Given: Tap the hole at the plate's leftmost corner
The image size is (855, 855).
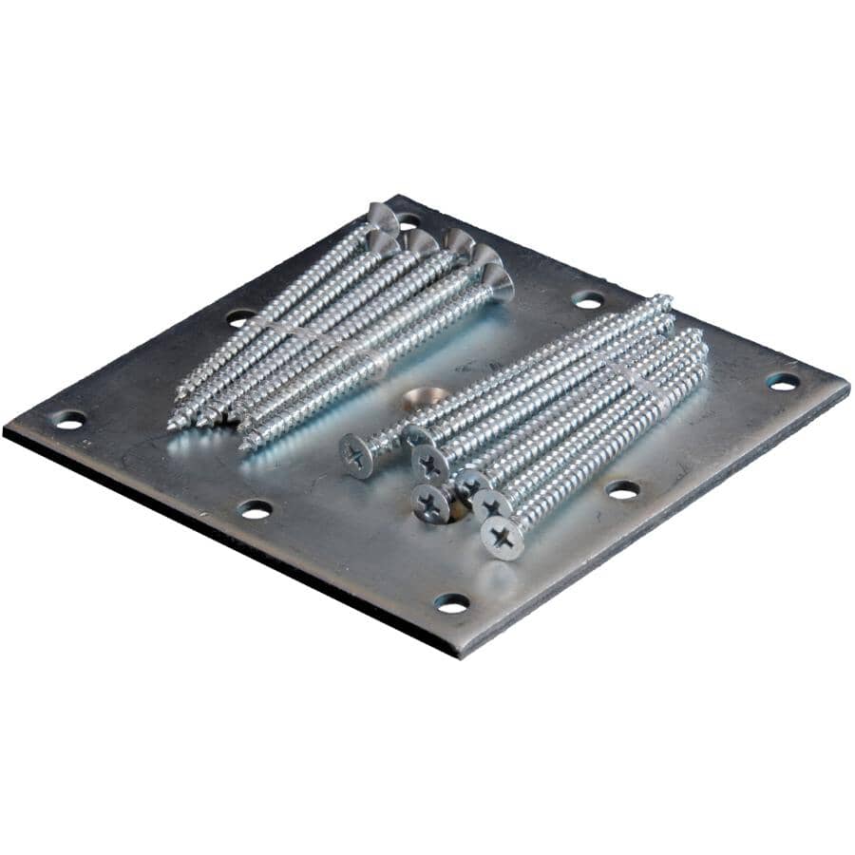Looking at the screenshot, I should (x=68, y=418).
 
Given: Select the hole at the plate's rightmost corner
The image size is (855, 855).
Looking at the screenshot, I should (x=782, y=381).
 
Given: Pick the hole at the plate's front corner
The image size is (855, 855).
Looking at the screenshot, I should (x=451, y=602).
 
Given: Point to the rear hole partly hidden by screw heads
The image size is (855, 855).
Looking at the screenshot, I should (x=409, y=220).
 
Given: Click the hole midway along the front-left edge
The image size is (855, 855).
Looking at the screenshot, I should (x=255, y=509).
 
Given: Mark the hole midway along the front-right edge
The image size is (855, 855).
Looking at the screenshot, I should (x=622, y=489).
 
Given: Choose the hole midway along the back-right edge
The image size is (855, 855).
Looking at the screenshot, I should (x=588, y=299).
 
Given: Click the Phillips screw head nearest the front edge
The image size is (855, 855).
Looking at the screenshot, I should (x=502, y=539).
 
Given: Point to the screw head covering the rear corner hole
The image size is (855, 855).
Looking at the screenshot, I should (x=384, y=218).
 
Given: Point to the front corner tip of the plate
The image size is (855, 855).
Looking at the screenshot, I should (x=459, y=656).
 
